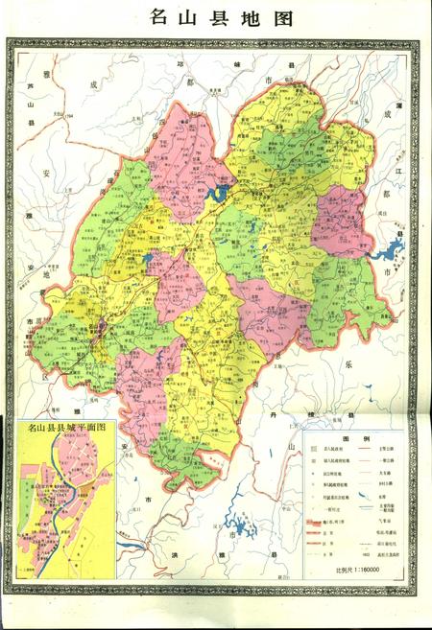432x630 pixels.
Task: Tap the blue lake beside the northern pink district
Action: [216, 195]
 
